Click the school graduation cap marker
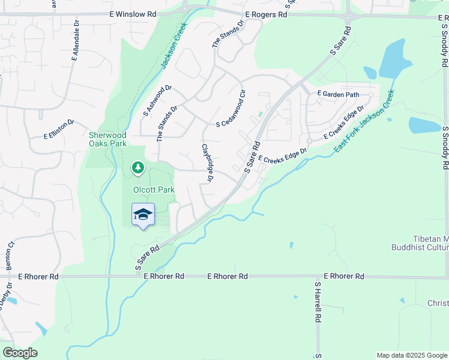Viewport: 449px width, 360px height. pos(143,215)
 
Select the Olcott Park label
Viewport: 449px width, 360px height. pos(154,190)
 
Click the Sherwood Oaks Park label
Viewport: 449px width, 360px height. pos(107,139)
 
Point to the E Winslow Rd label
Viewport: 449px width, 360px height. pos(133,13)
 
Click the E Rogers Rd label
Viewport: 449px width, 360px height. pos(266,14)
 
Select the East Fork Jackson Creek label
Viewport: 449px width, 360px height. pos(365,120)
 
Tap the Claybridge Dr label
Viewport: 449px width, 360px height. pos(208,163)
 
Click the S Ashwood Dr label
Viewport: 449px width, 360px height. pos(157,100)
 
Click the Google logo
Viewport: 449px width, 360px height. pos(20,352)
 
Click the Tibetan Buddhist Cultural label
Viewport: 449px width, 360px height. pos(420,243)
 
